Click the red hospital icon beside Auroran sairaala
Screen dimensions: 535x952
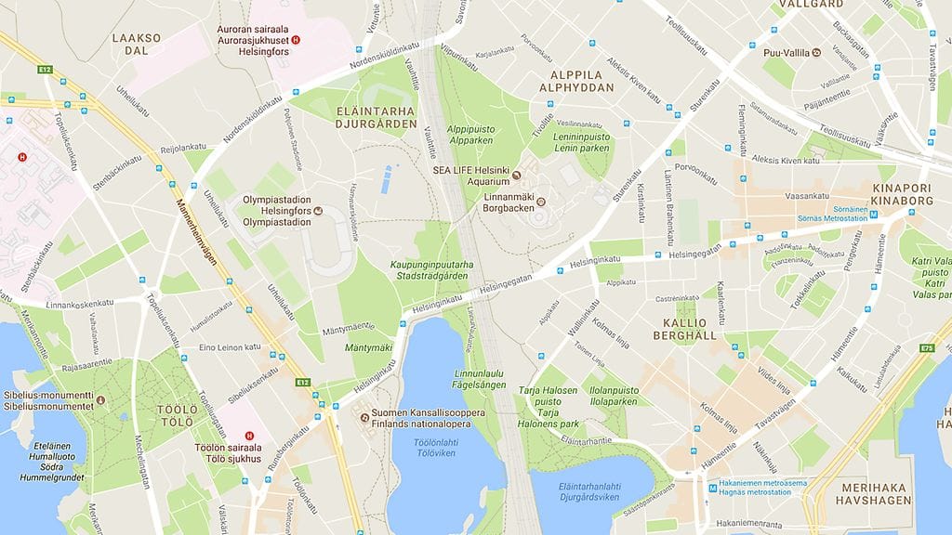tap(296, 40)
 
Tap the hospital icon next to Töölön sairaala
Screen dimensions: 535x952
tap(248, 437)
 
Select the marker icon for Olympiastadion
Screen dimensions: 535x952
tap(318, 211)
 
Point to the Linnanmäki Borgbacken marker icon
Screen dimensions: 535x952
tap(540, 198)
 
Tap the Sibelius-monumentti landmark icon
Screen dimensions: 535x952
tap(100, 400)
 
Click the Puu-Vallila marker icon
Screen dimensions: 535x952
tap(815, 53)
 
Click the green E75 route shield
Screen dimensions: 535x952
tap(926, 348)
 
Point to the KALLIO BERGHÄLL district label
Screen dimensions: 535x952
tap(683, 328)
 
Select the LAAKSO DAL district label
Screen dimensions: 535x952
tap(137, 45)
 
